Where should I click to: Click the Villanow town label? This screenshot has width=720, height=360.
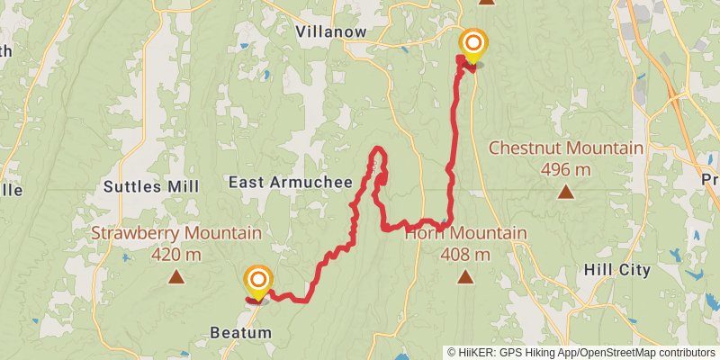tap(331, 31)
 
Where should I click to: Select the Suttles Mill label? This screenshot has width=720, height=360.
tap(150, 186)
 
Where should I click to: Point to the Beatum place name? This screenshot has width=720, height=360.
tap(240, 333)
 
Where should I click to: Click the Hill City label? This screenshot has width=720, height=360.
tap(616, 270)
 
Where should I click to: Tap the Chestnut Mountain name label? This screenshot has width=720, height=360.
tap(565, 148)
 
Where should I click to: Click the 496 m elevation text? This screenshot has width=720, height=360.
tap(565, 168)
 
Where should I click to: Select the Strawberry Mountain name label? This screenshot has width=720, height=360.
tap(176, 234)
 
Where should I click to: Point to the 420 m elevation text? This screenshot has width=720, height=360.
tap(176, 254)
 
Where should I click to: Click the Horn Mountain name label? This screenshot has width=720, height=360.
tap(465, 234)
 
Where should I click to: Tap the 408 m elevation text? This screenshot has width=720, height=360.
tap(465, 254)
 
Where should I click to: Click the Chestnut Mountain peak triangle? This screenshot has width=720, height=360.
tap(565, 191)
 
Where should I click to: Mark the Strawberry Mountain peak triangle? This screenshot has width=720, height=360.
tap(176, 277)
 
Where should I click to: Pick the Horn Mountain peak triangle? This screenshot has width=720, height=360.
tap(465, 277)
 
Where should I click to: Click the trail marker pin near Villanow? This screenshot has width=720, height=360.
tap(473, 45)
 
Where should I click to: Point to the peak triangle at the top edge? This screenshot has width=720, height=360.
tap(487, 2)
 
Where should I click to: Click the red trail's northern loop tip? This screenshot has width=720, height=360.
tap(379, 148)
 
